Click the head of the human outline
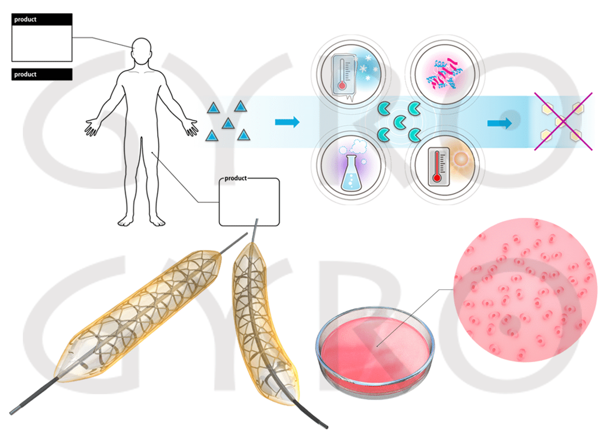point(141,51)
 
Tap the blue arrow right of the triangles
point(287,122)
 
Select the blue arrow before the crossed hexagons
point(500,123)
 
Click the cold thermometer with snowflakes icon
point(351,74)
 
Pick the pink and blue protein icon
point(445,74)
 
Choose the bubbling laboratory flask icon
point(351,165)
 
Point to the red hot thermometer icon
point(445,165)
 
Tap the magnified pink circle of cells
point(525,290)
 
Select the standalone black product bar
point(42,74)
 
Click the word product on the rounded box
point(236,178)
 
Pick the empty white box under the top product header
point(42,43)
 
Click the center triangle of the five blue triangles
point(228,123)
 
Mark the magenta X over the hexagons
point(563,122)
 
